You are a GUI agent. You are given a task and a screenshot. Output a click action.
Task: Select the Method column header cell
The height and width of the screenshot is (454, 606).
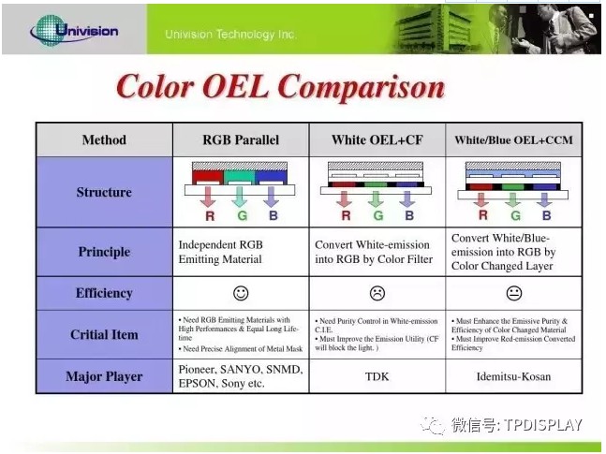pos(104,140)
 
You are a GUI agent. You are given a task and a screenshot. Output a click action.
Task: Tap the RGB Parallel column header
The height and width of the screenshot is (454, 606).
pos(241,140)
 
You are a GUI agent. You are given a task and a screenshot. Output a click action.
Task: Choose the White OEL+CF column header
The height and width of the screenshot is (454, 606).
pos(377,140)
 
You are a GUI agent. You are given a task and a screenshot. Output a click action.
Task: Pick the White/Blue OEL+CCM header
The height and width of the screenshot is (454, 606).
pos(512,140)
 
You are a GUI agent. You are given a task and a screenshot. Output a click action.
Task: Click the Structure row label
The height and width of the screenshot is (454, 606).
pos(104,192)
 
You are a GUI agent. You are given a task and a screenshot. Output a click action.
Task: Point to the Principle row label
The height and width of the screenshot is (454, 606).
pos(104,252)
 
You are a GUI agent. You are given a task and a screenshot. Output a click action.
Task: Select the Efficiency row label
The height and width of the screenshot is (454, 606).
pos(104,293)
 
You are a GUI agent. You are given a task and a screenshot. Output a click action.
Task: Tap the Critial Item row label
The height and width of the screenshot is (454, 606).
pos(104,334)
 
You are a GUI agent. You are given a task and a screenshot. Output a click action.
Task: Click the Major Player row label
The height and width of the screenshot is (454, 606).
pos(104,376)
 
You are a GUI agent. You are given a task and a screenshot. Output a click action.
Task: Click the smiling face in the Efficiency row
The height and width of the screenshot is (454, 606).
pos(241,293)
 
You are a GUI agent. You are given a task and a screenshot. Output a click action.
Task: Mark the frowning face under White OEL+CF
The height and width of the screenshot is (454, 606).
pos(377,293)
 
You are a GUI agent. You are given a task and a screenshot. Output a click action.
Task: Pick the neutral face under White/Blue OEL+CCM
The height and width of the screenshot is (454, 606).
pos(512,293)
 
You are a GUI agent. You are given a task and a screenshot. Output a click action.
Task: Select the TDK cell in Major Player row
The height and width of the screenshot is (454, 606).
pos(377,376)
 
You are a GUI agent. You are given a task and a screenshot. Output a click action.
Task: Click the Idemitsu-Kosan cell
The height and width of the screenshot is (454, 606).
pos(512,376)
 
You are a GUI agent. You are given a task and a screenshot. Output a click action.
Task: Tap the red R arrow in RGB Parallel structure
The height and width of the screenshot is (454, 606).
pos(209,197)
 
